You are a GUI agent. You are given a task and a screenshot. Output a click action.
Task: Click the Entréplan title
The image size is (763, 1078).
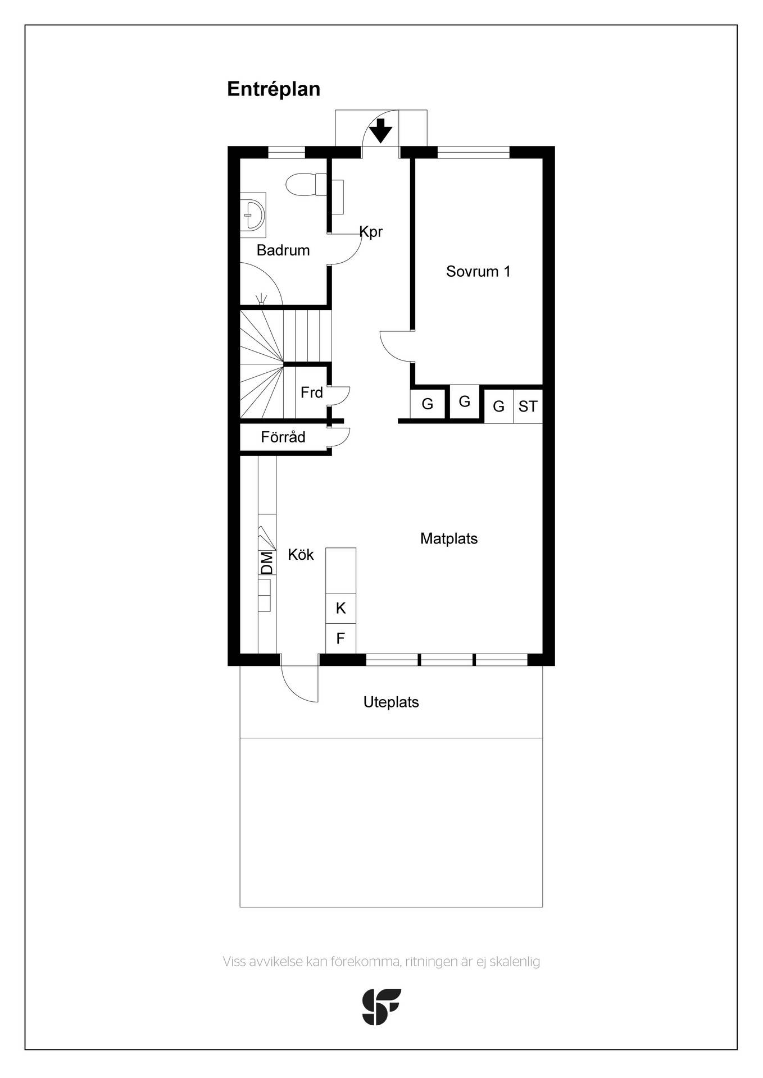click(274, 89)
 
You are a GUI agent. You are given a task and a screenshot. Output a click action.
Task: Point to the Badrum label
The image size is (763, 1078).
click(283, 250)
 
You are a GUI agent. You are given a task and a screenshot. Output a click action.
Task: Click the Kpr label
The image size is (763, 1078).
click(371, 231)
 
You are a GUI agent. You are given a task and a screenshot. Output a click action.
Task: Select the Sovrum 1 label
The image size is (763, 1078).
click(478, 272)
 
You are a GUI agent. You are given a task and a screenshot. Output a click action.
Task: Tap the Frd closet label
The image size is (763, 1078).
click(312, 392)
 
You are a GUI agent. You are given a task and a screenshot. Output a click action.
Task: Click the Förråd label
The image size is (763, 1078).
click(283, 437)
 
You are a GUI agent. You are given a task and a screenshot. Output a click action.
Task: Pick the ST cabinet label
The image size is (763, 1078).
click(528, 406)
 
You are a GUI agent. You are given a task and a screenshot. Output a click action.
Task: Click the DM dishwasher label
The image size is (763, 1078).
click(267, 563)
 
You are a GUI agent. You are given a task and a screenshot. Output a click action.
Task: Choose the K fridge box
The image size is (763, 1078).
click(341, 608)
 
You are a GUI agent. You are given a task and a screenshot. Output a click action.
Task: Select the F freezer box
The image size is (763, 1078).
click(341, 638)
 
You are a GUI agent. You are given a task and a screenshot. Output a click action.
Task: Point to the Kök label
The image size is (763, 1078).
click(301, 555)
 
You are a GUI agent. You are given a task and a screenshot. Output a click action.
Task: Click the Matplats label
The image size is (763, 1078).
click(449, 539)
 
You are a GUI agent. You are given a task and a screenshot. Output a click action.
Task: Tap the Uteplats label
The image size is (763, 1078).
click(391, 702)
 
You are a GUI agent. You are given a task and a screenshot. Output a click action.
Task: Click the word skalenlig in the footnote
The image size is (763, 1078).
click(515, 962)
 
